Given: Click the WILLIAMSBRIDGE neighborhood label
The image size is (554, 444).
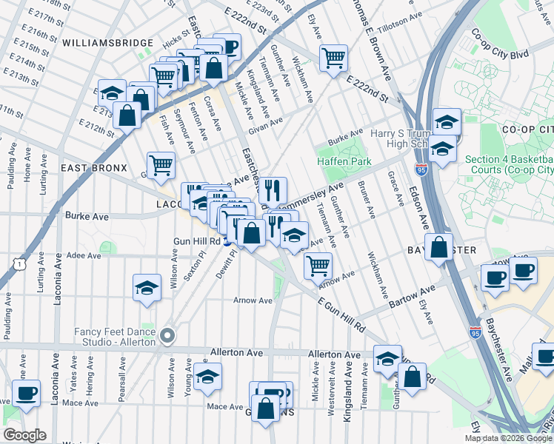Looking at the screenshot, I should coord(107,44).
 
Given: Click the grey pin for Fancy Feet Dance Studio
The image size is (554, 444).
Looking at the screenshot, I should coord(168,335).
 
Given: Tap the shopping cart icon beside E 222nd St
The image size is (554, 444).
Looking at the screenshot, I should coord(334,56).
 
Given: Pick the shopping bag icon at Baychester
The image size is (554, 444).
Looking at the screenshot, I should coord(439,248).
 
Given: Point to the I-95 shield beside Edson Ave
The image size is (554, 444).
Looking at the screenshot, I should coord(421,169).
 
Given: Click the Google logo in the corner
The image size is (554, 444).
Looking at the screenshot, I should coord(25,435).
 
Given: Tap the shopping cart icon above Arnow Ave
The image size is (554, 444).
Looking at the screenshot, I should coord(318,264).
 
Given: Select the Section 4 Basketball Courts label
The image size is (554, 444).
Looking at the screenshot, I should coord(508,165).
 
